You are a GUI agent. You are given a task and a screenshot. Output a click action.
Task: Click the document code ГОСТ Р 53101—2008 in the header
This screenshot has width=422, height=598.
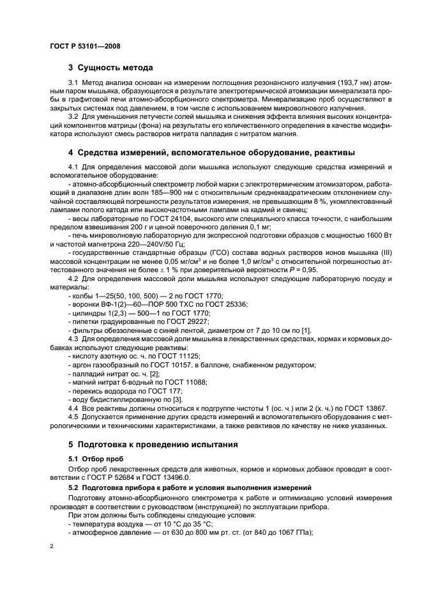(x=84, y=46)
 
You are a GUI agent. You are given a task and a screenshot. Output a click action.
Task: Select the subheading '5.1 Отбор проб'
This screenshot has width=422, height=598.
(x=94, y=458)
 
